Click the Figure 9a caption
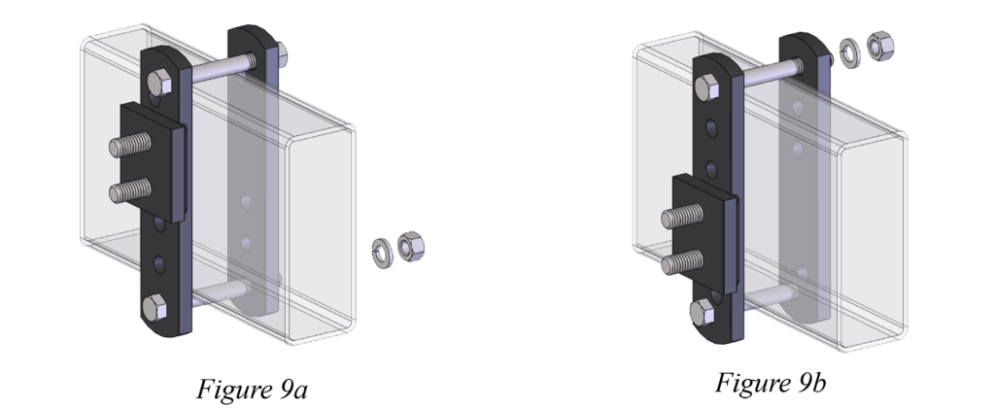[x=252, y=389]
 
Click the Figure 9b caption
[x=771, y=383]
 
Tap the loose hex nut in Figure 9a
[x=411, y=247]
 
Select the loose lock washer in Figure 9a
[x=382, y=253]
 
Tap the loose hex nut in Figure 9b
[x=880, y=46]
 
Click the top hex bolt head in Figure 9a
[x=159, y=84]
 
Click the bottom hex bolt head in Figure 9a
[x=154, y=308]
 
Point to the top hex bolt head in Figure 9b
[x=707, y=87]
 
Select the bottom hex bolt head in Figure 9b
[x=702, y=313]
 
